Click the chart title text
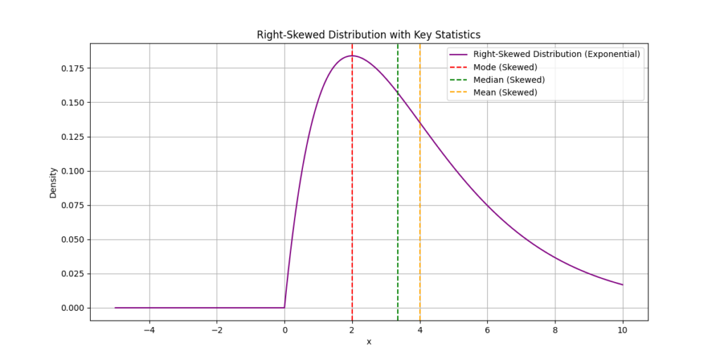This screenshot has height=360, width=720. [x=368, y=34]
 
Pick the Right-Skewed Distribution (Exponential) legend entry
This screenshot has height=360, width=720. [x=555, y=54]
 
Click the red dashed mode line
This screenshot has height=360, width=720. [x=352, y=211]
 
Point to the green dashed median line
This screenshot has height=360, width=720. [x=398, y=211]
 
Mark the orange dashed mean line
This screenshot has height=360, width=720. [x=420, y=211]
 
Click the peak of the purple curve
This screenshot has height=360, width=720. [x=352, y=56]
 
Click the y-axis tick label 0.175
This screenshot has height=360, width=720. [x=70, y=68]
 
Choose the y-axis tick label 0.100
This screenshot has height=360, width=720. [x=70, y=171]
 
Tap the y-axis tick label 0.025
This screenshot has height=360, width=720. [x=70, y=274]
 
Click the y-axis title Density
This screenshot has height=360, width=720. [x=53, y=182]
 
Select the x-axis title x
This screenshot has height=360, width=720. [x=368, y=342]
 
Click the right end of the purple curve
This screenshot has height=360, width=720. [x=622, y=285]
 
